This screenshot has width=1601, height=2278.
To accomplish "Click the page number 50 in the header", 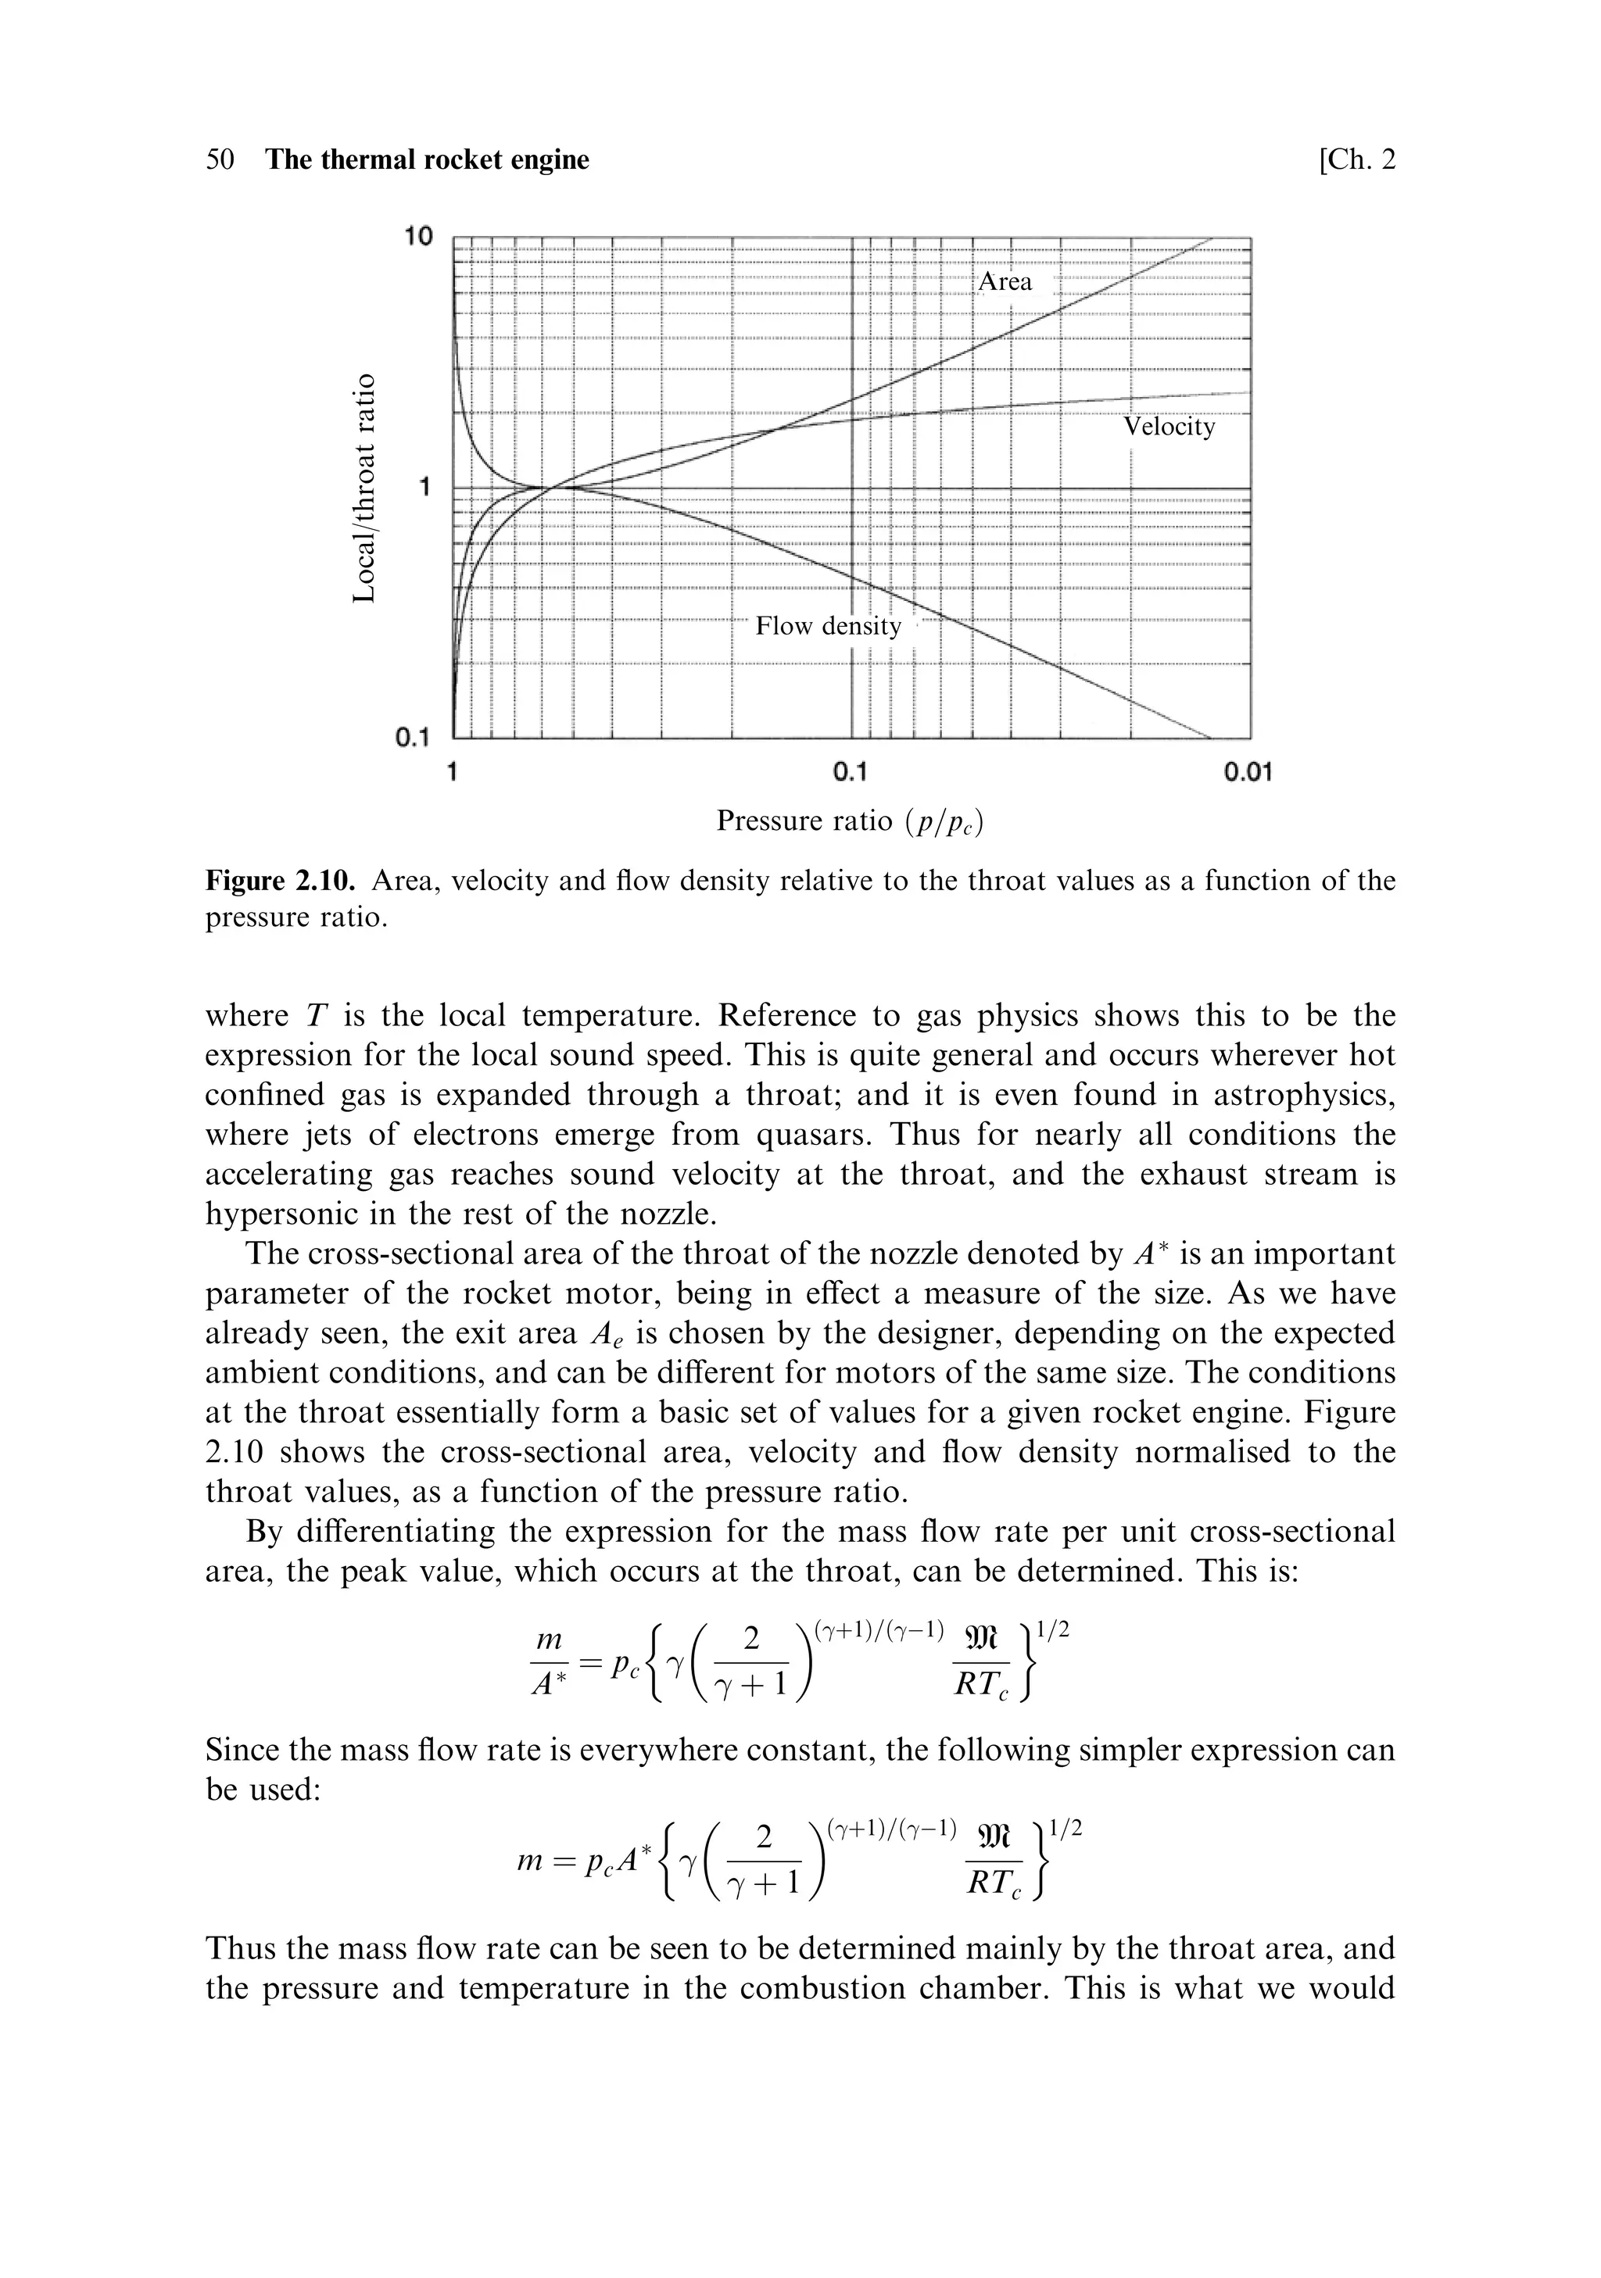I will point(220,159).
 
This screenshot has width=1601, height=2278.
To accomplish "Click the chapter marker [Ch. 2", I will point(1356,159).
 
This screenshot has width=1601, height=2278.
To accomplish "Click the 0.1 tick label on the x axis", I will point(851,772).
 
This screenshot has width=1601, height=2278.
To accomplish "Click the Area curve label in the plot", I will point(1005,282).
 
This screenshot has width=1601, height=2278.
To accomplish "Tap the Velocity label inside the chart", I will point(1168,427).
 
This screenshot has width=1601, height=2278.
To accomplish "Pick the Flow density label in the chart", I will point(828,626).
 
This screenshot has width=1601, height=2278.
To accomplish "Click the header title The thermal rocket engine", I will point(427,159).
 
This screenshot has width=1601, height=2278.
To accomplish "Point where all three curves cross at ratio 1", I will point(549,486).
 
